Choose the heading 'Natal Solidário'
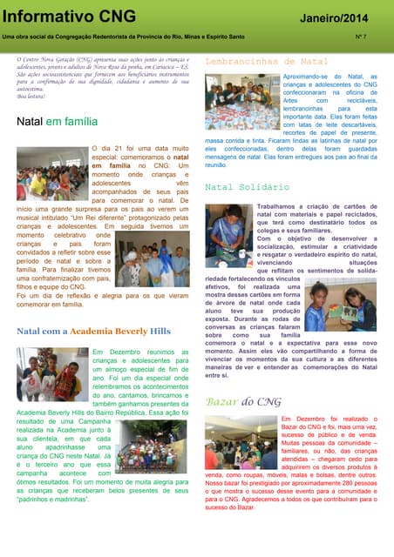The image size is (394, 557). coord(247,187)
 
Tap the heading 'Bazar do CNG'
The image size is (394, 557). coord(243,402)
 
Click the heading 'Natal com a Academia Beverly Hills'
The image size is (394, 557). coord(93,332)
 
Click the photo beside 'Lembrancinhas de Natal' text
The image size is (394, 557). coord(241,102)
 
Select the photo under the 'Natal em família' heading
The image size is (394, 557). coord(52,172)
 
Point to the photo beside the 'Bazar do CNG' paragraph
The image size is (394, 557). coord(241,442)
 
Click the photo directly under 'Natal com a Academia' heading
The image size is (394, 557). coord(52,374)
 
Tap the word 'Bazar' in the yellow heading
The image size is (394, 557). coord(221,402)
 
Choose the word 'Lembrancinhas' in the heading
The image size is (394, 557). coord(238,62)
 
